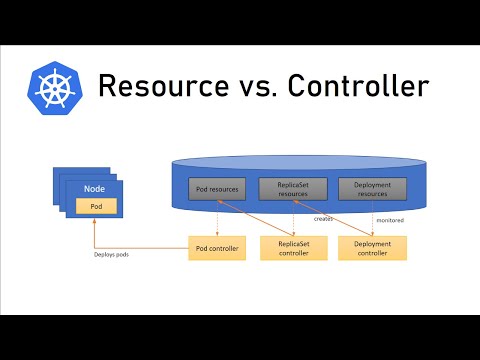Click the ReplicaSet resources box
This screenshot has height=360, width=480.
pyautogui.click(x=292, y=188)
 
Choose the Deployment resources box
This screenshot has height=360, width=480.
pyautogui.click(x=372, y=188)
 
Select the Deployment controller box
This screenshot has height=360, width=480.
pyautogui.click(x=372, y=248)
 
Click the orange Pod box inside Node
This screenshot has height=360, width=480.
pyautogui.click(x=96, y=206)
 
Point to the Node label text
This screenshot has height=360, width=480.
pyautogui.click(x=96, y=188)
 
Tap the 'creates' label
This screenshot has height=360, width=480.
pyautogui.click(x=323, y=216)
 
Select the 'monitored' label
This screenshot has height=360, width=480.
pyautogui.click(x=389, y=219)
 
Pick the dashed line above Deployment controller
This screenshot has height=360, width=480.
pyautogui.click(x=372, y=220)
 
